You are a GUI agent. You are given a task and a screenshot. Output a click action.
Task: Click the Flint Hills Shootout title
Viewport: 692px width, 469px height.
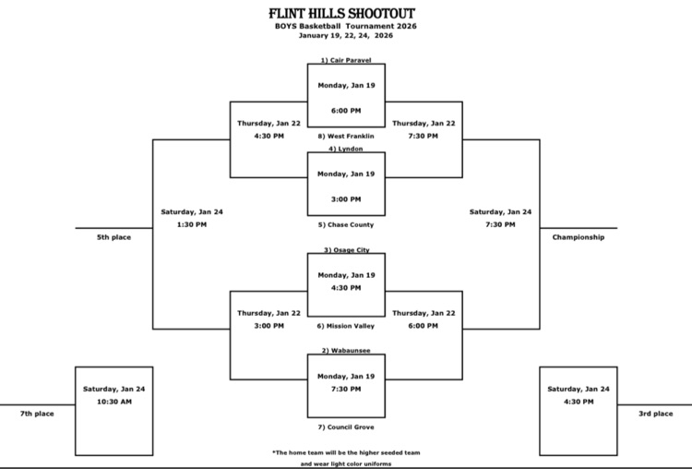[345, 14]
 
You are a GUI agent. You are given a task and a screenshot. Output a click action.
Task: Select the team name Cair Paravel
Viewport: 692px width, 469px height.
[346, 60]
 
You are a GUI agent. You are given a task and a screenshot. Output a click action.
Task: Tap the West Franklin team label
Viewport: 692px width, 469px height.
[346, 137]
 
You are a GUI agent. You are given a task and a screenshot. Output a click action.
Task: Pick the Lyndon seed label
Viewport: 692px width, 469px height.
[346, 149]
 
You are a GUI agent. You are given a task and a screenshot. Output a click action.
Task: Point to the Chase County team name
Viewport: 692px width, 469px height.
[346, 224]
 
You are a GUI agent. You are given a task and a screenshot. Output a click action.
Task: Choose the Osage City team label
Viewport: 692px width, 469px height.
[346, 249]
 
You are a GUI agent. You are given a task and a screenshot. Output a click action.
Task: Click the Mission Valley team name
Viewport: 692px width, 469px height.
[346, 326]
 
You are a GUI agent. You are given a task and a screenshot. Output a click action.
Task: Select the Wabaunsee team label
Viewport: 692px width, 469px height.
[346, 351]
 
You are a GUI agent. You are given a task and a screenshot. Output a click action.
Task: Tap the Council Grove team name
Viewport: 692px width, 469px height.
[346, 427]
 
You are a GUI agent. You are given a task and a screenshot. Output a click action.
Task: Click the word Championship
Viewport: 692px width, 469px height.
[579, 237]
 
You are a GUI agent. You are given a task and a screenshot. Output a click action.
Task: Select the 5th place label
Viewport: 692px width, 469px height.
[113, 237]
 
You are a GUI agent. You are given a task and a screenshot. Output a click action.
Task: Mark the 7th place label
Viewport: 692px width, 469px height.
[37, 414]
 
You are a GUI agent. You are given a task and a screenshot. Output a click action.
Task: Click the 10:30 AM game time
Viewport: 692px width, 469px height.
[113, 402]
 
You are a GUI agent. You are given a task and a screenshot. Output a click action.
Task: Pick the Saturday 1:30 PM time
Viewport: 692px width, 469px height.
[191, 224]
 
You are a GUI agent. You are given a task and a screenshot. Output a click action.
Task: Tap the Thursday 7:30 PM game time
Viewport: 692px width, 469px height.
[424, 137]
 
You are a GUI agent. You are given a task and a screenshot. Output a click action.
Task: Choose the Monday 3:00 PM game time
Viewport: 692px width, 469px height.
[346, 199]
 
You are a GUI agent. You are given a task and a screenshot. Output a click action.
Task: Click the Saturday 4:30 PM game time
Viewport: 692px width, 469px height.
[579, 402]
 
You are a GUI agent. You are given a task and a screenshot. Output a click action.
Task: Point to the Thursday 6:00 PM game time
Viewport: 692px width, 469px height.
[424, 326]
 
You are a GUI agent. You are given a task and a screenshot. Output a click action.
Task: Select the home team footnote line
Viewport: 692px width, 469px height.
[346, 452]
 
